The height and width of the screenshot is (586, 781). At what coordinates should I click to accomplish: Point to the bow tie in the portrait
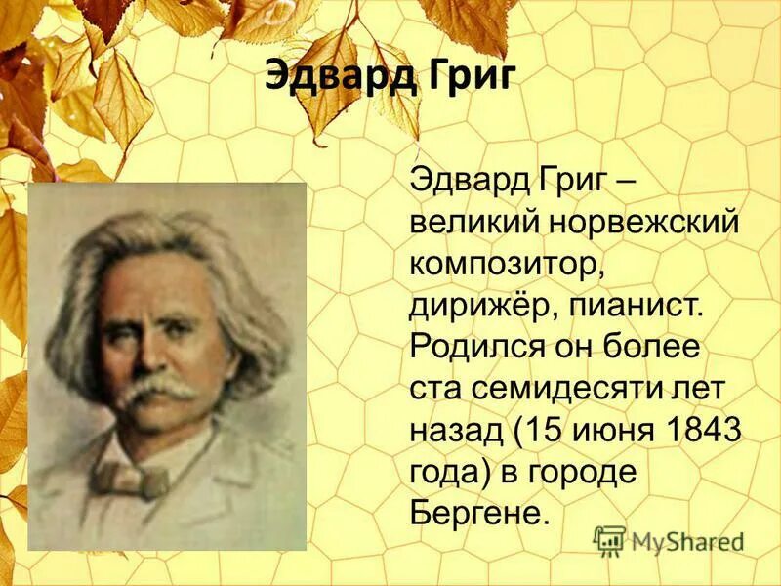tap(117, 479)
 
